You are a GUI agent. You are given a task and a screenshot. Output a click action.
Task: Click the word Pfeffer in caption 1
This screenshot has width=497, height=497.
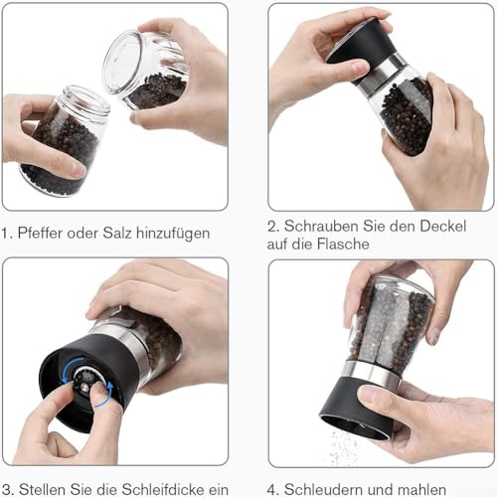(x=42, y=235)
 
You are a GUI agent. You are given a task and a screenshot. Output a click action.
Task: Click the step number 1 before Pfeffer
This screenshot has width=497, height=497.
(x=7, y=235)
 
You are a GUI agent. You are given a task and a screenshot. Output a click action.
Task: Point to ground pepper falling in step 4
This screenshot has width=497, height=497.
(x=343, y=447)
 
